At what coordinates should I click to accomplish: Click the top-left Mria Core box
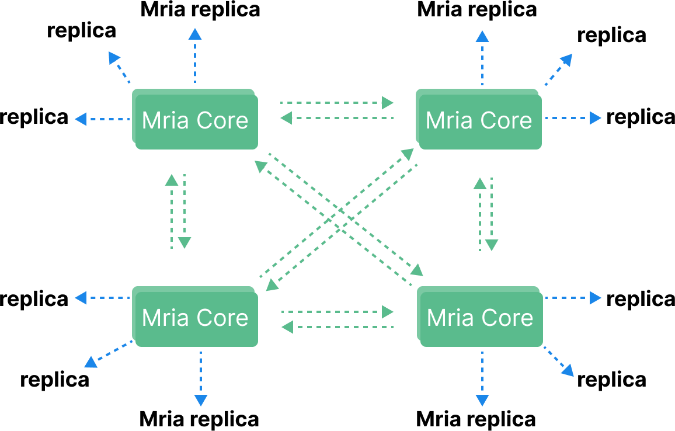(195, 120)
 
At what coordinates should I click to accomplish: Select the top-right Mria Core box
(479, 120)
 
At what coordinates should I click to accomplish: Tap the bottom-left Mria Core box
(195, 317)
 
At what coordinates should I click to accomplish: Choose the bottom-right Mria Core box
(480, 317)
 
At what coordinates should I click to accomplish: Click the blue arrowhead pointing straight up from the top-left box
(195, 34)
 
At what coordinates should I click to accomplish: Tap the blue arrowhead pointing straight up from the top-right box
(482, 37)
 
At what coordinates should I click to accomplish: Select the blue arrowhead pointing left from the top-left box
(81, 119)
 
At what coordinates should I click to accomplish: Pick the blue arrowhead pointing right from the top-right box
(595, 118)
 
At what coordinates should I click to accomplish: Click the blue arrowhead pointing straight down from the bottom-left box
(201, 401)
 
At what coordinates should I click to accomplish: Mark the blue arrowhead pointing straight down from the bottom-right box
(482, 401)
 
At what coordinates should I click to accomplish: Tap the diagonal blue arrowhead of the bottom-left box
(91, 362)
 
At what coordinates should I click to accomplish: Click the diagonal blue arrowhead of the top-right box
(566, 60)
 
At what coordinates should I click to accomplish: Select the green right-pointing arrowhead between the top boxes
(388, 103)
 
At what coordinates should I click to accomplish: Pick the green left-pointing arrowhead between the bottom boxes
(287, 327)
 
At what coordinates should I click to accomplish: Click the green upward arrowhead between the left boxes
(172, 180)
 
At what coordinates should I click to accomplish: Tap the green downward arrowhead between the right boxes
(492, 245)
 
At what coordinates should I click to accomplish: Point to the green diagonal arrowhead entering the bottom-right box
(417, 269)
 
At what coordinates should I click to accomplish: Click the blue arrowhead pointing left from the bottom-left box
(81, 298)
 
